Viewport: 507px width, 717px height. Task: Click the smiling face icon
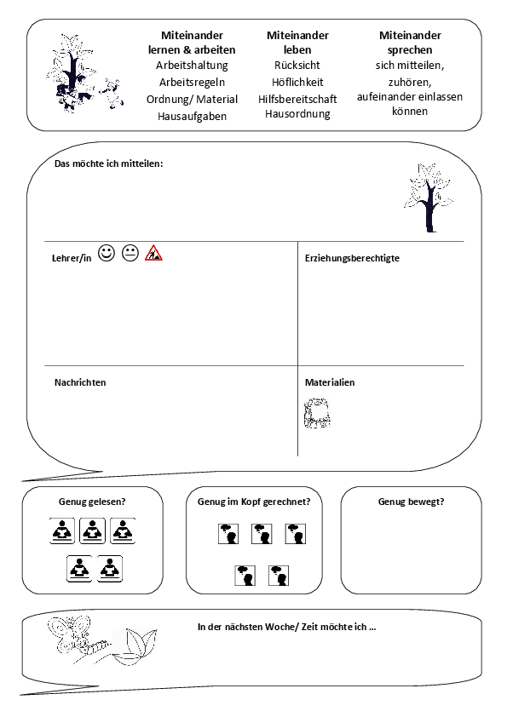coord(107,253)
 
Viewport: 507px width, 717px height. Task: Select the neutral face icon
coord(130,253)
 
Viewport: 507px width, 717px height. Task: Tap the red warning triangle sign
coord(153,253)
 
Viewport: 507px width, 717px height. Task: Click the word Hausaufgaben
coord(193,116)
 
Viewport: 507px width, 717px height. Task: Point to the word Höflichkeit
coord(297,83)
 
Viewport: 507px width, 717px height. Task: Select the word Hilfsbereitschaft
coord(297,100)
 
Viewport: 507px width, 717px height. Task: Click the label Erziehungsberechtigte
coord(352,258)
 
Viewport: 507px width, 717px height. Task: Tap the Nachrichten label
coord(80,382)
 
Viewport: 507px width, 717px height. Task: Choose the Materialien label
coord(330,382)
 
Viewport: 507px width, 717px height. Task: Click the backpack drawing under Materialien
coord(317,413)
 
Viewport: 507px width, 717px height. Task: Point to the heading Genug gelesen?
coord(92,502)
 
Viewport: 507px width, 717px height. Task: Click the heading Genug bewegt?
coord(411,502)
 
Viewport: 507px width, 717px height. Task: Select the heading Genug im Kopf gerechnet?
coord(254,502)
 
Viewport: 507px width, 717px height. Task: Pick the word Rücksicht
coord(297,66)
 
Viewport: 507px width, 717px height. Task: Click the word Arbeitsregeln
coord(193,83)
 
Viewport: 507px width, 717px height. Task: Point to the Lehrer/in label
coord(72,258)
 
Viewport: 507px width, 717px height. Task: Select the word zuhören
coord(410,83)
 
